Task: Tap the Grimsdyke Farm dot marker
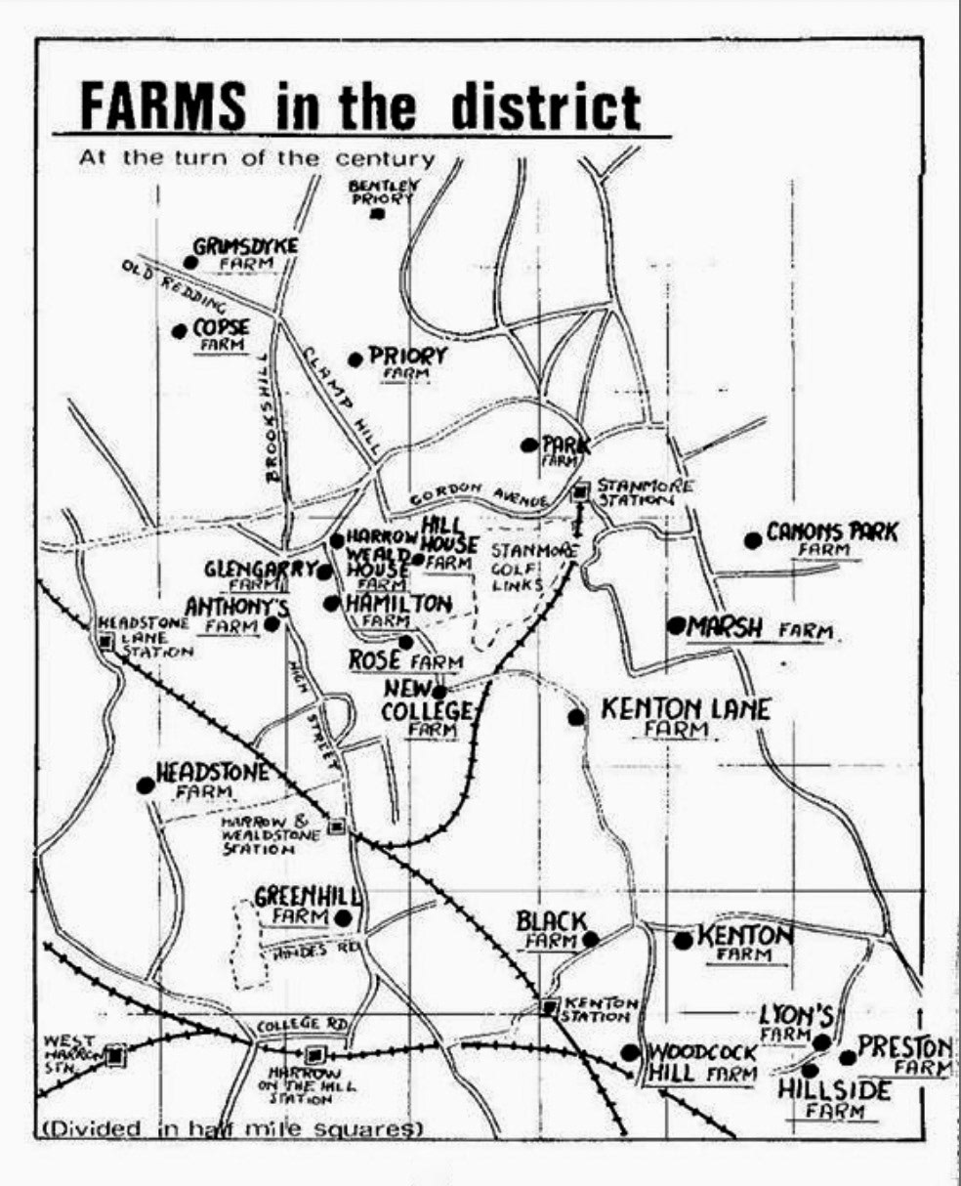point(188,261)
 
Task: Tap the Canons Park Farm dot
point(752,539)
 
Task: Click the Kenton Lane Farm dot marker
point(576,717)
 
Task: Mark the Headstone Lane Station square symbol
point(105,641)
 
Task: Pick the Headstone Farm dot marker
point(146,784)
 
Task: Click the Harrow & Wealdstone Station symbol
point(337,826)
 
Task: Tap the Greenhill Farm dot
point(343,917)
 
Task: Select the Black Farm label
point(552,929)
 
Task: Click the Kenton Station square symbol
point(549,1006)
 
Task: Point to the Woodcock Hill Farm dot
point(631,1052)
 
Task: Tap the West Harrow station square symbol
point(117,1055)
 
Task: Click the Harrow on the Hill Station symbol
point(314,1054)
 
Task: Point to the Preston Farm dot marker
point(848,1057)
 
